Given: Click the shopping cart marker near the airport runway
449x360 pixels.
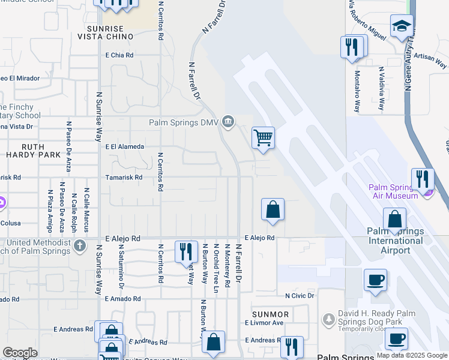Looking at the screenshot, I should click(263, 137).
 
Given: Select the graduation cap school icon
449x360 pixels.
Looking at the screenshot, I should click(401, 26).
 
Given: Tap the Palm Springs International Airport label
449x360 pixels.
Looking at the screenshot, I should click(396, 241).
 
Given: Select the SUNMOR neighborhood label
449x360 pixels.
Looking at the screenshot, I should click(271, 314).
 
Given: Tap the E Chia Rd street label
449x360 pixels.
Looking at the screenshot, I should click(119, 55).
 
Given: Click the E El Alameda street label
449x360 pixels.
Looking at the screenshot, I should click(125, 146).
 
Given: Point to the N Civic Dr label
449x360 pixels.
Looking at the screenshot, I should click(300, 296).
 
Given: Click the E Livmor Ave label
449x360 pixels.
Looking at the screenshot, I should click(264, 323).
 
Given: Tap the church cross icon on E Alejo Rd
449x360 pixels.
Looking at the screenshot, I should click(80, 245).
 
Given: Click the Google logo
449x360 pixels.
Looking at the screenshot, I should click(20, 353).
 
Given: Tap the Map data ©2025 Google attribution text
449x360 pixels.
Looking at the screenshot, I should click(412, 355).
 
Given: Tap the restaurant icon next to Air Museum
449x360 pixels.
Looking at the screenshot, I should click(422, 179).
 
